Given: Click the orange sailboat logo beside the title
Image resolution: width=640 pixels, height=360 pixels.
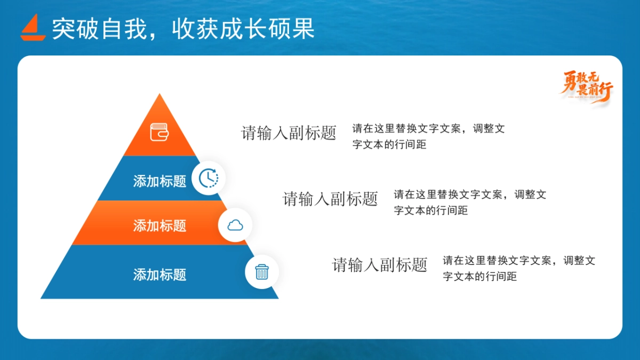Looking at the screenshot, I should tap(33, 28).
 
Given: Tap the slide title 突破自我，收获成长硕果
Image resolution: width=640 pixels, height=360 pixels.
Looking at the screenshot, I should tap(183, 29).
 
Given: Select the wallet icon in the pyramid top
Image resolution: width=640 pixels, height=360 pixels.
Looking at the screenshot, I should tap(159, 132).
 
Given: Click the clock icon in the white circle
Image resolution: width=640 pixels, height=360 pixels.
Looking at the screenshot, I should tap(209, 178).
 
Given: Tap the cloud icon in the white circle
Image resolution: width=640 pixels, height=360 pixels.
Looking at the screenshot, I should tap(235, 225).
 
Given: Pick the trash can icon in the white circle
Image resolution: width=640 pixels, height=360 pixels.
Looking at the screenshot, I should tap(261, 272).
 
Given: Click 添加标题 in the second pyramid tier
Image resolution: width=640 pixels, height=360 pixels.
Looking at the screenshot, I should tap(159, 181).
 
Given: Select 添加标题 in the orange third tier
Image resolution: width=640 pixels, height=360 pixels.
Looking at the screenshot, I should tap(159, 226).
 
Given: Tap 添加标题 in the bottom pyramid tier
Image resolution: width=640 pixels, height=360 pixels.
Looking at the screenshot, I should tap(159, 275).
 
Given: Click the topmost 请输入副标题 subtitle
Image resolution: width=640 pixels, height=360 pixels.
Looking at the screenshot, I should tap(289, 133).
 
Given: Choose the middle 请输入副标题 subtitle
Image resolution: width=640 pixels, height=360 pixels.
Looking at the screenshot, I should tap(330, 199).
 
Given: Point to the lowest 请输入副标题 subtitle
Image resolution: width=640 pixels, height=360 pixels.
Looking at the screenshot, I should tap(380, 265).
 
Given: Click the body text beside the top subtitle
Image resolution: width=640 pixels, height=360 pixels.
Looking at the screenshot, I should tap(428, 137).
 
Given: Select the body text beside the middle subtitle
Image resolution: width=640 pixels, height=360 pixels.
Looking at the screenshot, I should tap(469, 202).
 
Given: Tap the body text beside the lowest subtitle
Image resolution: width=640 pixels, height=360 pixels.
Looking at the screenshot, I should tap(518, 268).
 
